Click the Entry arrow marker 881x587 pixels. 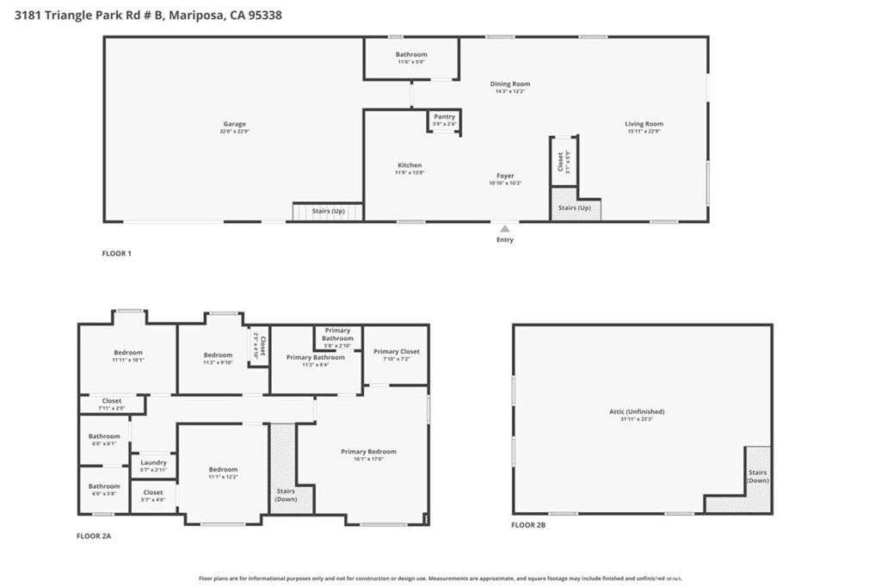pyautogui.click(x=505, y=229)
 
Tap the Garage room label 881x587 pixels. pyautogui.click(x=234, y=124)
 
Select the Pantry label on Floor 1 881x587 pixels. pyautogui.click(x=444, y=116)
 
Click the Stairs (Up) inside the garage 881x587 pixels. pyautogui.click(x=327, y=211)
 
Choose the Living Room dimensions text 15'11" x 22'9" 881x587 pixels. pyautogui.click(x=644, y=132)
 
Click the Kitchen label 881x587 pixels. pyautogui.click(x=410, y=165)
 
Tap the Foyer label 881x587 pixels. pyautogui.click(x=505, y=176)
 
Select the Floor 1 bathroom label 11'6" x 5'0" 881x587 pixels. pyautogui.click(x=411, y=62)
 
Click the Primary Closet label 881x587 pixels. pyautogui.click(x=396, y=351)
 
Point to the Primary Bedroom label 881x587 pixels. pyautogui.click(x=368, y=451)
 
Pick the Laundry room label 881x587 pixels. pyautogui.click(x=153, y=462)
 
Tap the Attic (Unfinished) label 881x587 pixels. pyautogui.click(x=636, y=411)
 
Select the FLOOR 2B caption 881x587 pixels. pyautogui.click(x=528, y=525)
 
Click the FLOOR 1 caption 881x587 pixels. pyautogui.click(x=116, y=253)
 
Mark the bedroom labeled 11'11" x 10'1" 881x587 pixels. pyautogui.click(x=128, y=352)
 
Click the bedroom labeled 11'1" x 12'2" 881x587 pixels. pyautogui.click(x=222, y=470)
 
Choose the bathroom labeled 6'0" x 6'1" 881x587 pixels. pyautogui.click(x=104, y=436)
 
